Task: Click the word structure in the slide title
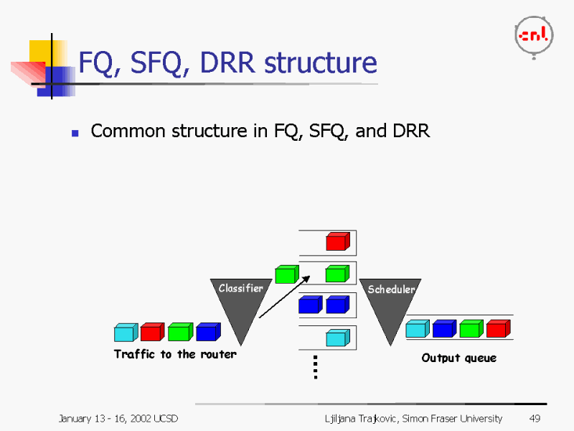coord(321,62)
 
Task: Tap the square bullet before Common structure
coord(75,133)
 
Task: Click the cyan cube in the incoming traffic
coord(126,333)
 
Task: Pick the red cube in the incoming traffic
coord(153,332)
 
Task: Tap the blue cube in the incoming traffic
coord(208,332)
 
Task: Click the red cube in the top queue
coord(338,241)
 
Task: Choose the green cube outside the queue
coord(287,274)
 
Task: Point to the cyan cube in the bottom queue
coord(338,338)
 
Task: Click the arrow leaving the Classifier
coord(284,297)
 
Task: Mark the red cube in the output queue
coord(498,328)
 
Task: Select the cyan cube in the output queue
coord(418,328)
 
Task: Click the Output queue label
coord(458,358)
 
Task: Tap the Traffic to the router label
coord(175,354)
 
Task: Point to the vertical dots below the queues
coord(316,367)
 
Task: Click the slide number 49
coord(535,418)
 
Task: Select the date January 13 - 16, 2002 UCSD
coord(118,419)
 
